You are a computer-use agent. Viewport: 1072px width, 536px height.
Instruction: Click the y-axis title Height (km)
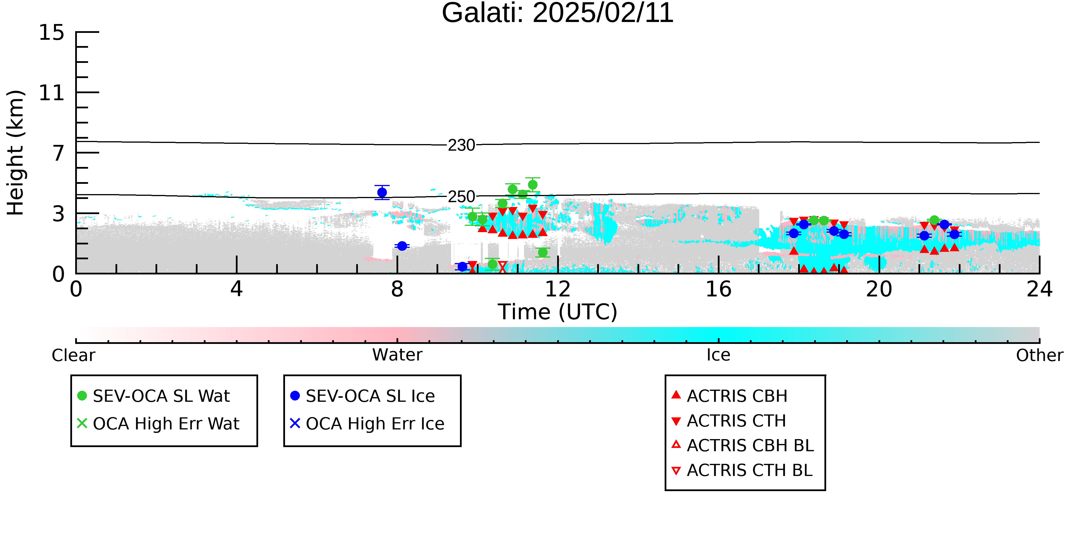click(x=15, y=153)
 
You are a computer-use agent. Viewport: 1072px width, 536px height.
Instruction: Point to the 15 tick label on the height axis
click(x=52, y=33)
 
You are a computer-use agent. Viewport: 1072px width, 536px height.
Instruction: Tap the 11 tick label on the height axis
click(x=52, y=93)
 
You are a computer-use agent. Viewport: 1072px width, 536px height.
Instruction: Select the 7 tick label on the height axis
click(x=59, y=153)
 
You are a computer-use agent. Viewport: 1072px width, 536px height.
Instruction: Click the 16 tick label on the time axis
click(x=718, y=289)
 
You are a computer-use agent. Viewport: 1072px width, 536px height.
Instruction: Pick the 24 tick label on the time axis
click(x=1039, y=289)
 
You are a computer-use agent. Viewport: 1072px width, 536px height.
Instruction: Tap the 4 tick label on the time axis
click(x=236, y=289)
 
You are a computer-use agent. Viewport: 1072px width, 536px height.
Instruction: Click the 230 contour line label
click(x=461, y=145)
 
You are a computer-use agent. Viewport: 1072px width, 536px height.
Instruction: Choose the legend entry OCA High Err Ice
click(x=367, y=424)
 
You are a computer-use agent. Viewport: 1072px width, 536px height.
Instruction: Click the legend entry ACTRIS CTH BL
click(x=742, y=470)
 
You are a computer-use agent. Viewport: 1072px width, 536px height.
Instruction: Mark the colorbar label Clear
click(x=73, y=355)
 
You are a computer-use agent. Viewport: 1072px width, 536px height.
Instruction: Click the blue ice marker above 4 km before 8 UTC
click(x=382, y=193)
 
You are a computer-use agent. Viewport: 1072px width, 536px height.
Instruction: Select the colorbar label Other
click(x=1039, y=355)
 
